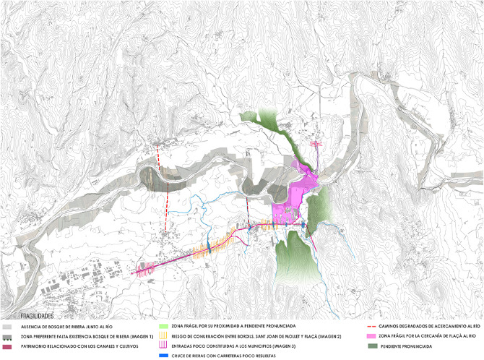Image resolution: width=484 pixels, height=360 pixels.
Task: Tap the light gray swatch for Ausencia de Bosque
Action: pyautogui.click(x=7, y=327)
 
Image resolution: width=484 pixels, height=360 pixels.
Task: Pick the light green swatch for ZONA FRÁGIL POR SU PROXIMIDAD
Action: pyautogui.click(x=164, y=327)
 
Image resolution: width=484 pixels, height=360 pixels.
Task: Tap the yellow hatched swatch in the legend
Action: pyautogui.click(x=164, y=337)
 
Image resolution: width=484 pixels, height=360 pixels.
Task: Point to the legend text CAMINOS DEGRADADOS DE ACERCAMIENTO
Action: pyautogui.click(x=433, y=327)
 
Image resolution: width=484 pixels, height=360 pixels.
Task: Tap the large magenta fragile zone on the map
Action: pyautogui.click(x=296, y=195)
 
